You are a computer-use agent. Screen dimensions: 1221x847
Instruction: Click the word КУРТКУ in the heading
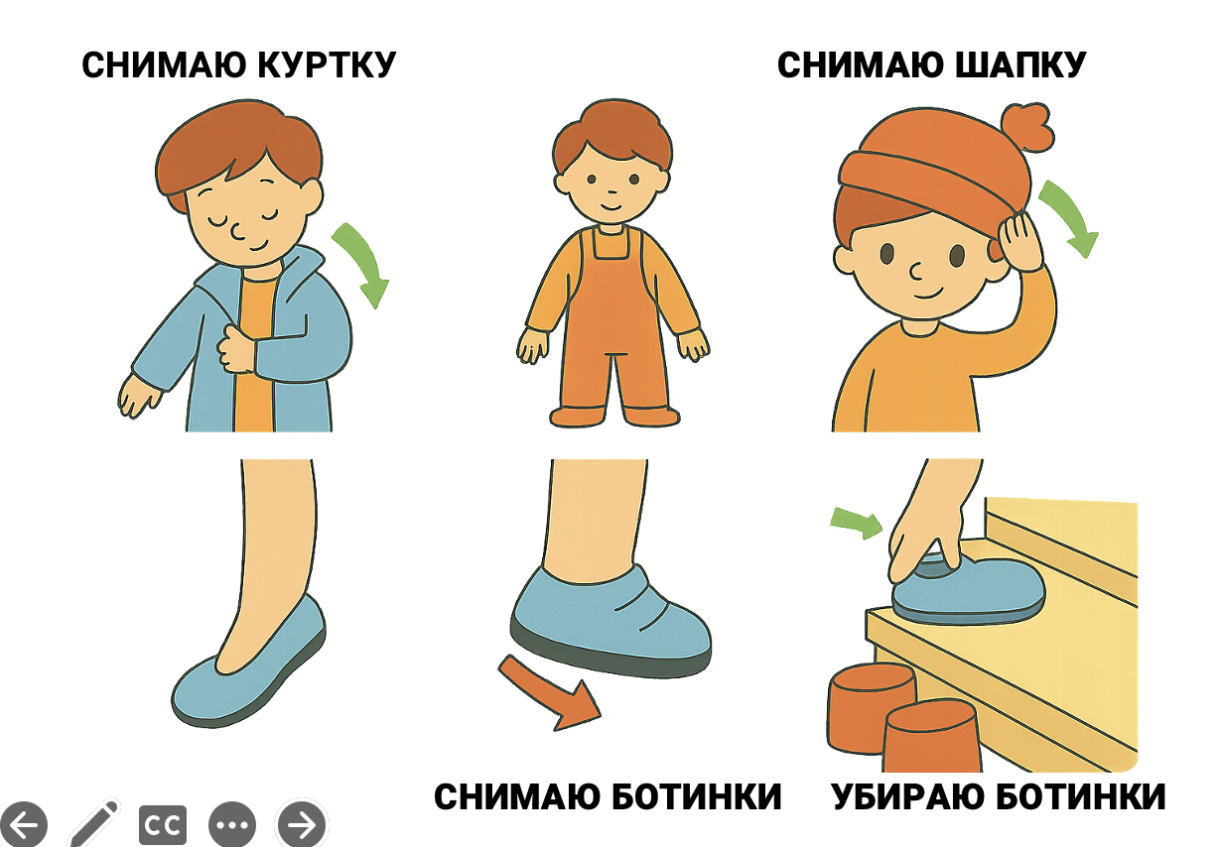(327, 65)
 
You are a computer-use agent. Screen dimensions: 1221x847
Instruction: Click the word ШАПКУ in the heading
(1020, 65)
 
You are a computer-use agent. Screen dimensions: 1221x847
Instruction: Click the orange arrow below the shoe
(548, 691)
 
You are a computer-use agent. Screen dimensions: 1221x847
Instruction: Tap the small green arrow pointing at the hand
(856, 522)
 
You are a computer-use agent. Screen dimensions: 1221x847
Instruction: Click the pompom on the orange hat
(1027, 128)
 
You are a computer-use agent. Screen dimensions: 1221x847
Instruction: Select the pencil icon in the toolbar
(94, 822)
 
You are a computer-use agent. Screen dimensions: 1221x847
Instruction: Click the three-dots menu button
(232, 824)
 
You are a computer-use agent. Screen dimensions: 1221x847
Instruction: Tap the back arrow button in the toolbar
(23, 824)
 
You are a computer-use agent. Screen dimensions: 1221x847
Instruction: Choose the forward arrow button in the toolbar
(302, 824)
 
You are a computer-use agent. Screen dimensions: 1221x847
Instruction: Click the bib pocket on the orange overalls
(611, 243)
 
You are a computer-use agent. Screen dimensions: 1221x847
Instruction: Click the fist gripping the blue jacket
(236, 348)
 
